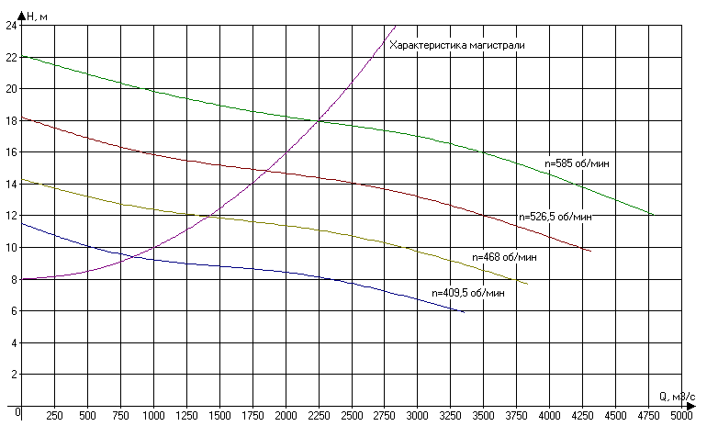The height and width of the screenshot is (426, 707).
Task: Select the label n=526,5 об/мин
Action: [555, 218]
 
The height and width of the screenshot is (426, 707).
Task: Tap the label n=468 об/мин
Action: [504, 257]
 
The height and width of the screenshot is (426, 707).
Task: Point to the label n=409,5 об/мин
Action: [468, 293]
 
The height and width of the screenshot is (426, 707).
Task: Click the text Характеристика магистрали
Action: [456, 45]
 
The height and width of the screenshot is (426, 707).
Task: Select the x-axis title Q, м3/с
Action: [679, 396]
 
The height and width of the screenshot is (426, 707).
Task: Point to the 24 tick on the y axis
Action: [11, 26]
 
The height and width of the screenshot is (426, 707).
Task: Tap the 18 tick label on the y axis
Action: [11, 120]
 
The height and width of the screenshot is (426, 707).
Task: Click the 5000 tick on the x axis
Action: [681, 414]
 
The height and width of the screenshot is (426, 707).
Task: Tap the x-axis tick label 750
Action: [121, 414]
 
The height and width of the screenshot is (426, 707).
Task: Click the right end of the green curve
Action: [654, 215]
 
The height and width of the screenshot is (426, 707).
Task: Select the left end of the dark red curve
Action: [22, 118]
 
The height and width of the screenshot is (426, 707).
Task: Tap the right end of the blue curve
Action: [464, 312]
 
